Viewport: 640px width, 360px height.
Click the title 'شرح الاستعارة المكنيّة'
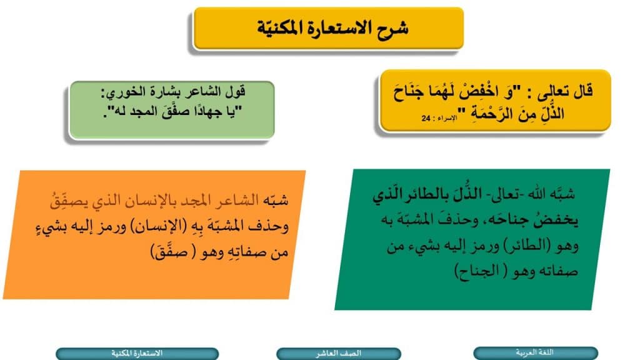[329, 28]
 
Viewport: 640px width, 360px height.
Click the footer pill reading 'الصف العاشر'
[338, 353]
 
